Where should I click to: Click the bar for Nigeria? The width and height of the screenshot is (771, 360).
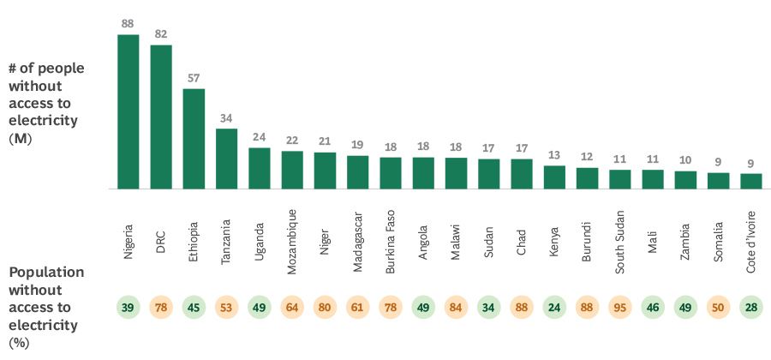click(128, 111)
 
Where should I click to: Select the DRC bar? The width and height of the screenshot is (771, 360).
click(161, 117)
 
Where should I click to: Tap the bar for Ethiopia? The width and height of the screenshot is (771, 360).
click(194, 138)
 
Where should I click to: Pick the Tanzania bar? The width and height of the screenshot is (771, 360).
click(226, 159)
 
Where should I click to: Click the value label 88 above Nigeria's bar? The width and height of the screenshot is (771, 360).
click(128, 24)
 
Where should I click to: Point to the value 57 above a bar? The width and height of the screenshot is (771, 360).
click(194, 78)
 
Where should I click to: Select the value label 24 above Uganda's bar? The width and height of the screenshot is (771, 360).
click(259, 137)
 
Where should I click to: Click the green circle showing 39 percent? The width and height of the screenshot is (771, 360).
click(128, 307)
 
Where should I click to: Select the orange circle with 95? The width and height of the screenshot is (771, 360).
click(620, 307)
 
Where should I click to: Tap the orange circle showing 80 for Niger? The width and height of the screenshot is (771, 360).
click(325, 307)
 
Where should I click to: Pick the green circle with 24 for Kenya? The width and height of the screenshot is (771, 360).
click(554, 307)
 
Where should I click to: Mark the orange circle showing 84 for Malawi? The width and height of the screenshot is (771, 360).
click(456, 307)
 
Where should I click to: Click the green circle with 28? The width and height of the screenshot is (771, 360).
click(751, 307)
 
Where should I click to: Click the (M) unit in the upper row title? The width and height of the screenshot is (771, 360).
click(21, 138)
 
